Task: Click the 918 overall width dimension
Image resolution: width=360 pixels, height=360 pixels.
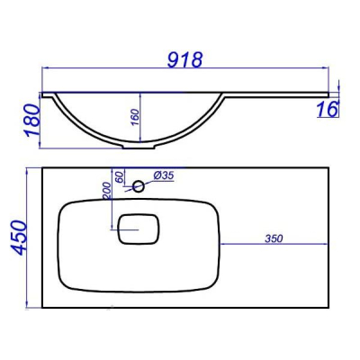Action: coord(184,59)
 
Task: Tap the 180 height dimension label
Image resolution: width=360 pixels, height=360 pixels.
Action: coord(32,120)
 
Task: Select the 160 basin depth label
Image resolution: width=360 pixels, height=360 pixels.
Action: coord(136,118)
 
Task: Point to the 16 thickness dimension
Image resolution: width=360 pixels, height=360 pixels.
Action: coord(328,109)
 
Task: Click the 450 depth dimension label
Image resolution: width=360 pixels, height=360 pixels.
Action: coord(19,238)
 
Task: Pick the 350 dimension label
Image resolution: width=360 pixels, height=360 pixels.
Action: coord(274,238)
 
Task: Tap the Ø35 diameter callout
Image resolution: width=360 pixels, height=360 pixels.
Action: coord(164,175)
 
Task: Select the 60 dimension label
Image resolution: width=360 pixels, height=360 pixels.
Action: coord(120,177)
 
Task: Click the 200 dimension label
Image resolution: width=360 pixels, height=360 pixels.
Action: coord(107,191)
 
